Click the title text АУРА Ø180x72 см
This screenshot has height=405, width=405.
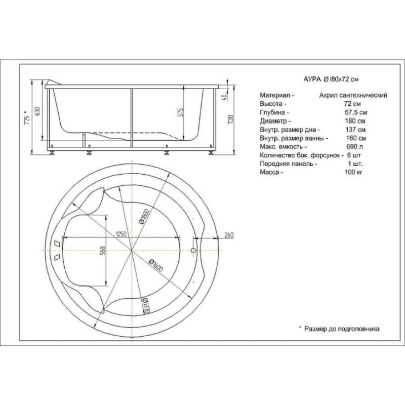pyautogui.click(x=331, y=79)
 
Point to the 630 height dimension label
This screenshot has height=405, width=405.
pyautogui.click(x=37, y=111)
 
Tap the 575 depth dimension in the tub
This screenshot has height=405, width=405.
pyautogui.click(x=181, y=112)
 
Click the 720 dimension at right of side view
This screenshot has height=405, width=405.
pyautogui.click(x=231, y=119)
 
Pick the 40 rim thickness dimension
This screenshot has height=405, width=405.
pyautogui.click(x=224, y=97)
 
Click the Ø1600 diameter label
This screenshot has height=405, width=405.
pyautogui.click(x=156, y=265)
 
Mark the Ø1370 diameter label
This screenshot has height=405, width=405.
pyautogui.click(x=145, y=306)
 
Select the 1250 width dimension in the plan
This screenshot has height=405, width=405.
pyautogui.click(x=120, y=234)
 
